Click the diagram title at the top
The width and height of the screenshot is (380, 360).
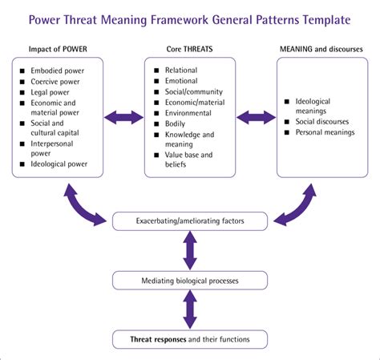click(x=191, y=18)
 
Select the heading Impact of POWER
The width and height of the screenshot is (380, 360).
click(x=58, y=48)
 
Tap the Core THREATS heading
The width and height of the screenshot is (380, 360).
click(x=191, y=48)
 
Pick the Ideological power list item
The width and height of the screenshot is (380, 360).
click(x=60, y=164)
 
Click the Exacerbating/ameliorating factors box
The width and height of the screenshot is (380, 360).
click(x=190, y=219)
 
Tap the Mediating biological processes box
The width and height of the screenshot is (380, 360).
click(x=190, y=280)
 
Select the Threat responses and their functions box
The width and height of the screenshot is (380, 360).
click(x=190, y=339)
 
